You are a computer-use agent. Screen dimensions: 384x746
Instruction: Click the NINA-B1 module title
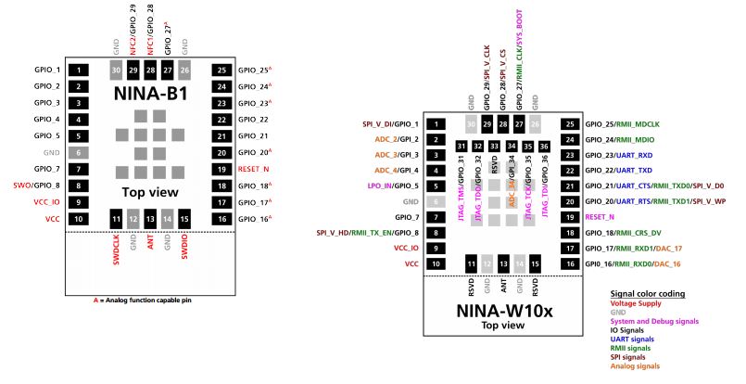(150, 94)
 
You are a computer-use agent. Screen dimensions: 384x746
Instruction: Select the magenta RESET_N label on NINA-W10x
(601, 216)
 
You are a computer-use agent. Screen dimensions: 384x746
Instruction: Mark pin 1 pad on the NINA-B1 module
(80, 70)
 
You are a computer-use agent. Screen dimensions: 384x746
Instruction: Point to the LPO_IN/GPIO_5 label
(393, 186)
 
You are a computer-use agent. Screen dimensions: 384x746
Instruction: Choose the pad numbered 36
(544, 147)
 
